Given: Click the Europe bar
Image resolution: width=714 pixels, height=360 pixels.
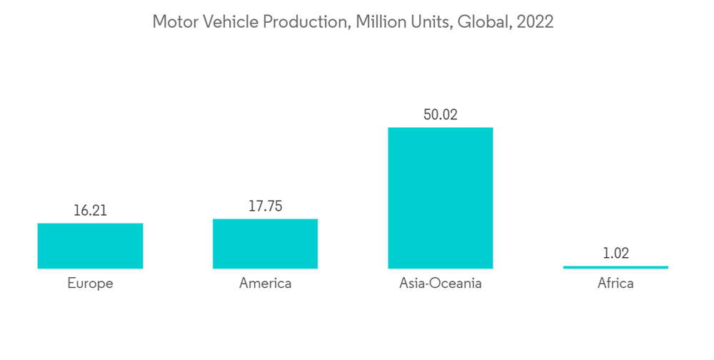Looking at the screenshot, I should click(90, 246).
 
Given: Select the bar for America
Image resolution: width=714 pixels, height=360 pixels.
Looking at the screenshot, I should click(265, 244).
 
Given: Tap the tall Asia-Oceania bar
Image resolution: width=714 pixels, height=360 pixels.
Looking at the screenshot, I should click(440, 198).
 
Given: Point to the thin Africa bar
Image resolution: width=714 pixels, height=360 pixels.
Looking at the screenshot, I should click(615, 267).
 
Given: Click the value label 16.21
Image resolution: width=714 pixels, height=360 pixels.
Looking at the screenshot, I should click(90, 211).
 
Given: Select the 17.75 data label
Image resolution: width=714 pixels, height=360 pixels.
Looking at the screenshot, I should click(265, 206).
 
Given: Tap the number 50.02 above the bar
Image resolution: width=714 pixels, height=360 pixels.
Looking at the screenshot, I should click(440, 114).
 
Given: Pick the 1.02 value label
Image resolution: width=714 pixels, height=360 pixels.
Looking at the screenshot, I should click(615, 254).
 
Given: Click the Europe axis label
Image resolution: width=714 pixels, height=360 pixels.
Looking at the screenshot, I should click(90, 284).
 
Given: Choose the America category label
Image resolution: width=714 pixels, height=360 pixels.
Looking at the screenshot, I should click(265, 284).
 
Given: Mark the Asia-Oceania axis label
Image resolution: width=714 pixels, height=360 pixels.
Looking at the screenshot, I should click(440, 284).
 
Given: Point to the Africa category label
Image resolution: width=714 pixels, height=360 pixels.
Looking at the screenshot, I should click(615, 284).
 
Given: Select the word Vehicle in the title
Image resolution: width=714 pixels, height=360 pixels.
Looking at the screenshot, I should click(229, 22).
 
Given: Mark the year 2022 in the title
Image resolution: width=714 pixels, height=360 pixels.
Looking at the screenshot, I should click(535, 22).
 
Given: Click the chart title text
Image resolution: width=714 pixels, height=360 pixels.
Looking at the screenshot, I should click(353, 22).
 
